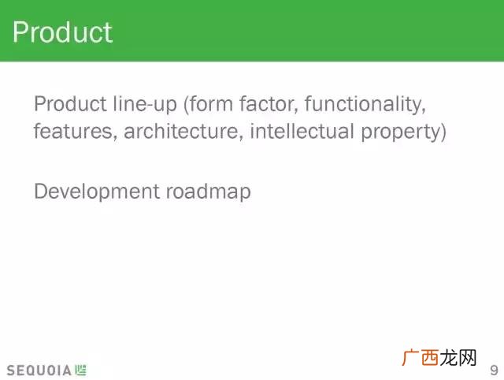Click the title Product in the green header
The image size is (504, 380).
tap(62, 32)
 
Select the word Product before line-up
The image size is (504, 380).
tap(70, 103)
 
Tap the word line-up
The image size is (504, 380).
tap(145, 104)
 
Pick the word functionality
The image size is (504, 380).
tap(365, 104)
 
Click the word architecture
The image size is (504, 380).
tap(183, 132)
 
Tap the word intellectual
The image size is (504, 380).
tap(302, 132)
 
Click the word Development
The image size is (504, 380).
tap(97, 192)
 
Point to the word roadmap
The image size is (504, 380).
tap(208, 192)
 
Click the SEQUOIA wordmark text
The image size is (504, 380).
tap(39, 371)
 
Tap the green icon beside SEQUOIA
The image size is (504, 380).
tap(80, 370)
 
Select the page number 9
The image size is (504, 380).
tap(495, 371)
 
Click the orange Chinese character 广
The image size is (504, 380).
tap(411, 358)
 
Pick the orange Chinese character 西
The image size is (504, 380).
tap(430, 358)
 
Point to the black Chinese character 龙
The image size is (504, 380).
tap(449, 358)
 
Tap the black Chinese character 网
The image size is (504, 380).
tap(468, 358)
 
